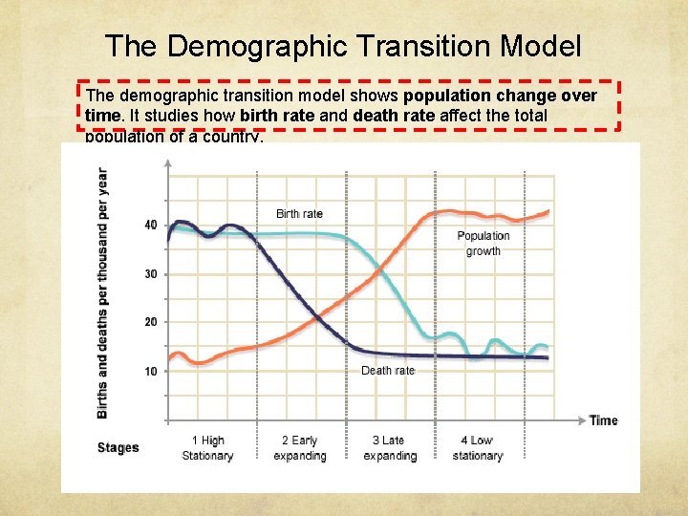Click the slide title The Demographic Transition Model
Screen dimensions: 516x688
click(x=343, y=45)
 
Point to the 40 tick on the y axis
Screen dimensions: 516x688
click(x=151, y=226)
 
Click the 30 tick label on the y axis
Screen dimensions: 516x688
click(x=151, y=274)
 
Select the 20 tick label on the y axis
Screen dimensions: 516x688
click(x=151, y=322)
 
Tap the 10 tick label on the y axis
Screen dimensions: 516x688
click(x=151, y=371)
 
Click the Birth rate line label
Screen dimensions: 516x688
click(x=299, y=214)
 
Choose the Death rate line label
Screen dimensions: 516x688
click(x=388, y=371)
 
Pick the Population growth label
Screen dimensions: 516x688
click(x=483, y=244)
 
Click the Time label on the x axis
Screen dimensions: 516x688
click(x=603, y=420)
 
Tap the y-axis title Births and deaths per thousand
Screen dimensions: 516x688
click(x=102, y=292)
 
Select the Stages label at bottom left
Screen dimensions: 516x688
click(x=118, y=448)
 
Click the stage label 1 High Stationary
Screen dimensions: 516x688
click(x=207, y=448)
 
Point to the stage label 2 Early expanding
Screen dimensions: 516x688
click(x=299, y=448)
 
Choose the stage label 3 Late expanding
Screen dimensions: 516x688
click(x=389, y=448)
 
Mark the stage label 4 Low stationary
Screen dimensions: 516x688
click(x=477, y=448)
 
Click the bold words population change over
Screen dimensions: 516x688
click(x=500, y=96)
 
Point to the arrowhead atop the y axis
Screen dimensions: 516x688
click(x=167, y=163)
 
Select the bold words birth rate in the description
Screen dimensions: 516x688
click(x=276, y=116)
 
